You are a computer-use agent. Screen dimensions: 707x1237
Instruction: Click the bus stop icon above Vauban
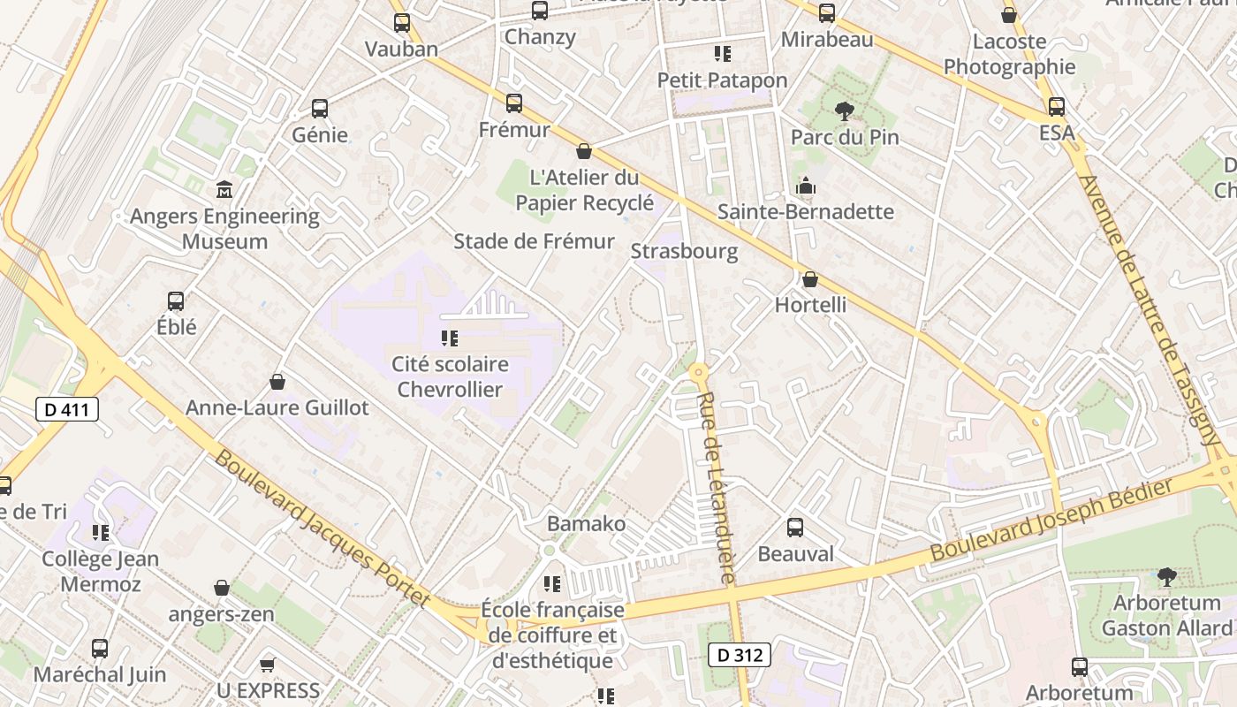pos(402,23)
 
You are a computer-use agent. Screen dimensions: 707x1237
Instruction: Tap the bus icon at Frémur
pos(514,103)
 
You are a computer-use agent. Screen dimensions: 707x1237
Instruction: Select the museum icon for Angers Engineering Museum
pos(224,189)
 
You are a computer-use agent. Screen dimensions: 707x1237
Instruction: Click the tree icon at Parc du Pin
pos(845,111)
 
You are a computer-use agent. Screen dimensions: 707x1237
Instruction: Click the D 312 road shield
pos(740,655)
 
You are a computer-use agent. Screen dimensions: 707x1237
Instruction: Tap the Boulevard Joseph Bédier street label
pos(1051,519)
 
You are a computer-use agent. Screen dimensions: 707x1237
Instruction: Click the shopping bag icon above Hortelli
pos(810,279)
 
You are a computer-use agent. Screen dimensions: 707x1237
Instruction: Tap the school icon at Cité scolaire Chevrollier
pos(449,338)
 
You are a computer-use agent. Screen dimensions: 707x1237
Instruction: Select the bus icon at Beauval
pos(795,528)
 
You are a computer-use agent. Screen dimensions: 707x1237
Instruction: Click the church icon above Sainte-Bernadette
pos(805,186)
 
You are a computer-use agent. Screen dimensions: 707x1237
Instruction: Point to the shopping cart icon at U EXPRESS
pos(268,664)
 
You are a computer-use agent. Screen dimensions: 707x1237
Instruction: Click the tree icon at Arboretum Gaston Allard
pos(1166,577)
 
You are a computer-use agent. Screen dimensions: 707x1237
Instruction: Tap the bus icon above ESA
pos(1057,107)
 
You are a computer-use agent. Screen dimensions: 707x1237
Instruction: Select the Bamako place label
pos(586,523)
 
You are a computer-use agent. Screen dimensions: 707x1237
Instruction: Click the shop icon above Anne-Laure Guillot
pos(277,382)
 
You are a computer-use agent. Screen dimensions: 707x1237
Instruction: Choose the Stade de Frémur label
pos(534,241)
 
